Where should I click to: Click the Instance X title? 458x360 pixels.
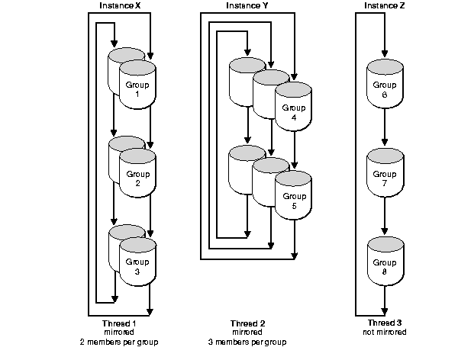point(120,5)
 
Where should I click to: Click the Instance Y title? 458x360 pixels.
point(247,5)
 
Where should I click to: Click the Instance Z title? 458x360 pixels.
point(383,5)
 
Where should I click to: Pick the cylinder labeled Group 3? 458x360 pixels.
point(138,263)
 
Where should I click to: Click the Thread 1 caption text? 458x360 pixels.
point(120,323)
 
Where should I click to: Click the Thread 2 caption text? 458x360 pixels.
point(247,323)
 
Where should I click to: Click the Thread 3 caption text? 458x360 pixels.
point(384,323)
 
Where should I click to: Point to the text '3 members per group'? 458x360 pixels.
point(247,342)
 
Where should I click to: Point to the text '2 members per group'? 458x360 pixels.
point(120,342)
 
